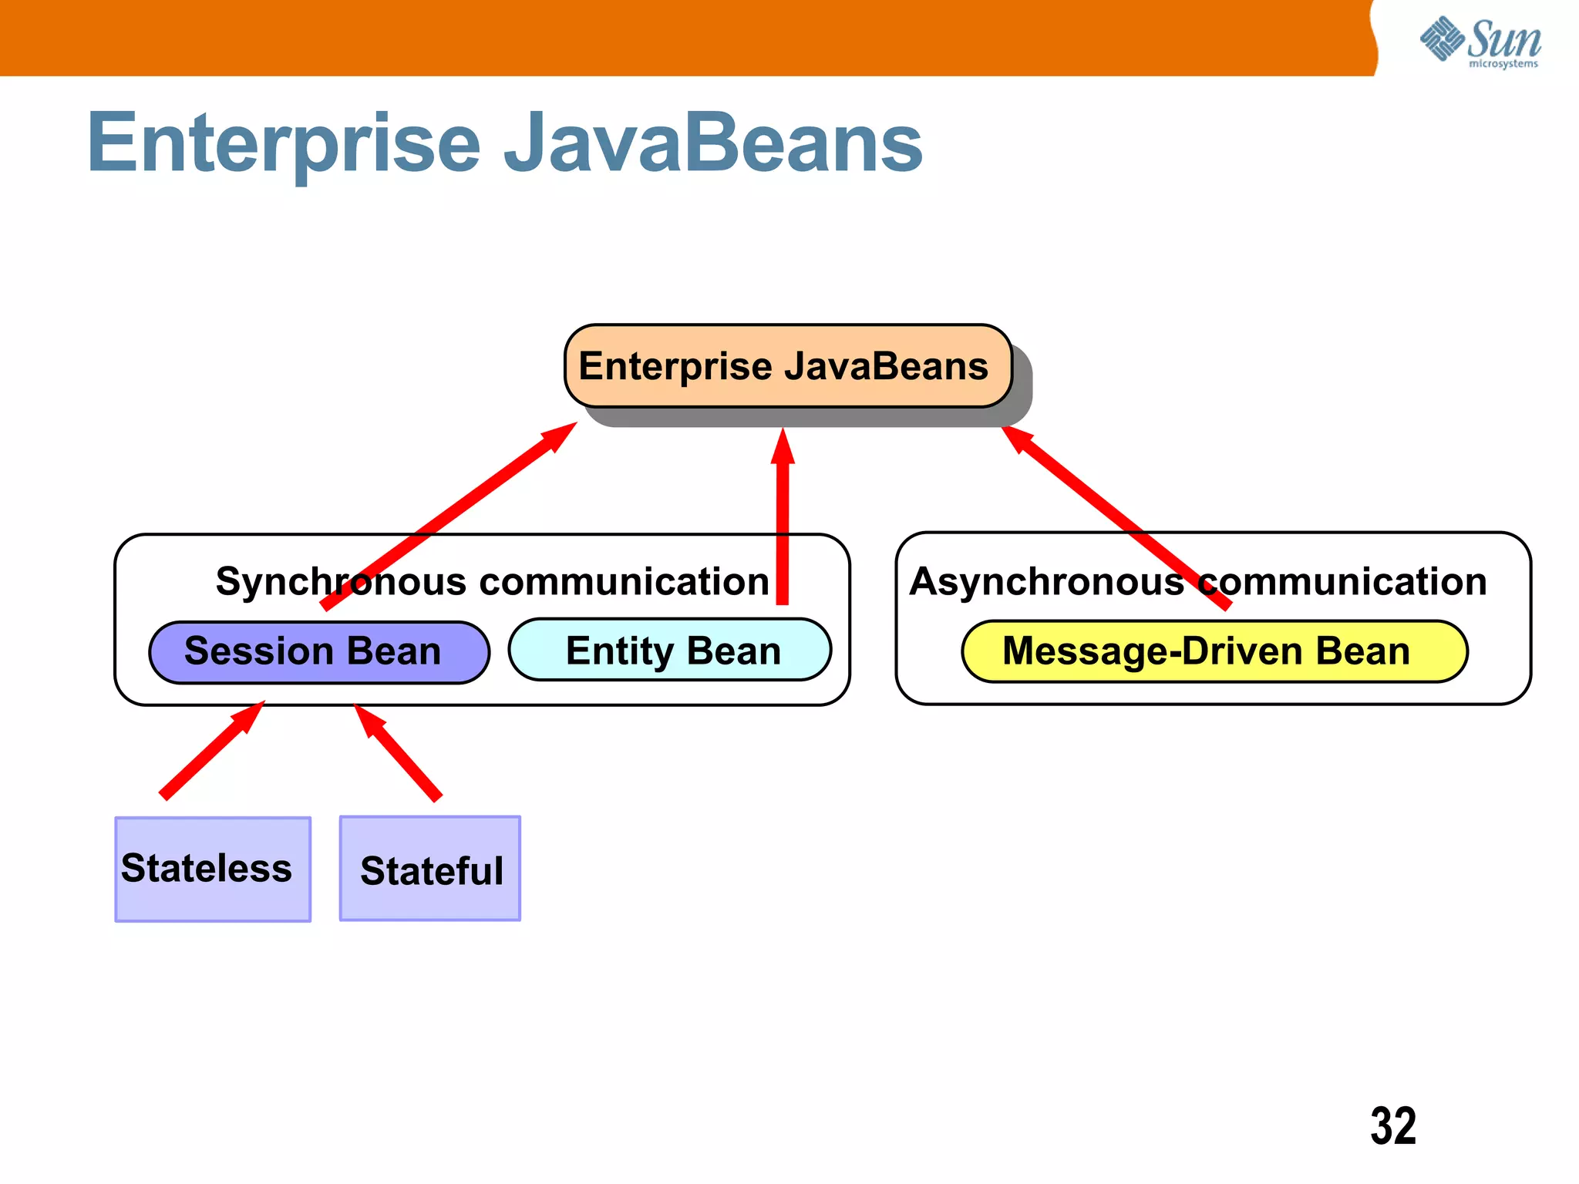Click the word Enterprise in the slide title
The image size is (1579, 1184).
(x=284, y=143)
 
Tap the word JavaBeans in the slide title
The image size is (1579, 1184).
(x=712, y=143)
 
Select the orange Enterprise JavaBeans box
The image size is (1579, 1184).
(x=787, y=366)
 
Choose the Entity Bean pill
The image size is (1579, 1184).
(x=670, y=651)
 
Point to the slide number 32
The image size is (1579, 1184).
(x=1392, y=1126)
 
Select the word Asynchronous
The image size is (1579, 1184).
(x=1046, y=581)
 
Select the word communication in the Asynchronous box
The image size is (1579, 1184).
(x=1342, y=581)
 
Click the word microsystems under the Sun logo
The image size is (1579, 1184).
(x=1503, y=64)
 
